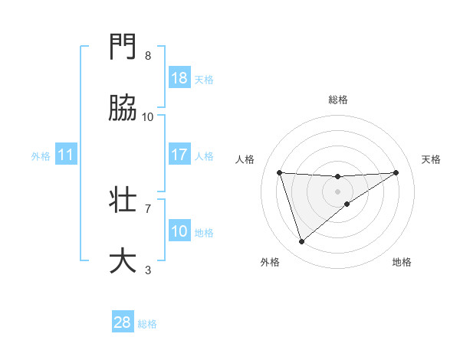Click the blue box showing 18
[x=179, y=78]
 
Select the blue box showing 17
[x=179, y=155]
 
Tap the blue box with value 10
[x=179, y=231]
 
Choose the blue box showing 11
[x=66, y=155]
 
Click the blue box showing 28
[x=123, y=322]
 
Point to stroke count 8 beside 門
[x=148, y=56]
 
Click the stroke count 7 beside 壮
[x=148, y=208]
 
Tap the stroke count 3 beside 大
[x=148, y=269]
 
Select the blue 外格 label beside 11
[x=41, y=155]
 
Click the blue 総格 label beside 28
[x=147, y=323]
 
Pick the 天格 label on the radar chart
[x=431, y=159]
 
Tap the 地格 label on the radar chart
[x=402, y=262]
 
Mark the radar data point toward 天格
[x=396, y=172]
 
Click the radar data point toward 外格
[x=301, y=242]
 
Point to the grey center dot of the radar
[x=337, y=191]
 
